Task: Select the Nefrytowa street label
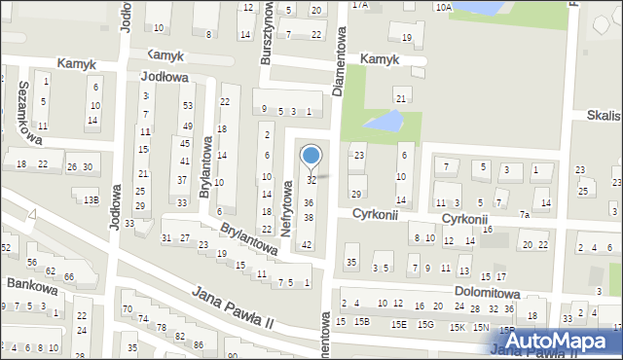point(288,205)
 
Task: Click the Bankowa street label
point(29,283)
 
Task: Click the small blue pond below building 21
point(385,123)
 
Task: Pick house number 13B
point(91,199)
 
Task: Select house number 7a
point(524,214)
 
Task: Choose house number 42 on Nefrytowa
point(307,244)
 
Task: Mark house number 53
point(187,105)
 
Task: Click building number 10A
point(443,7)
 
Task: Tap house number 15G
point(425,324)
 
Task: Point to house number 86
point(198,345)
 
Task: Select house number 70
point(127,309)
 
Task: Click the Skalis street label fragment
point(604,114)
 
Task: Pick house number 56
point(32,263)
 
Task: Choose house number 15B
point(362,322)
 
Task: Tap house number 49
point(185,126)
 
